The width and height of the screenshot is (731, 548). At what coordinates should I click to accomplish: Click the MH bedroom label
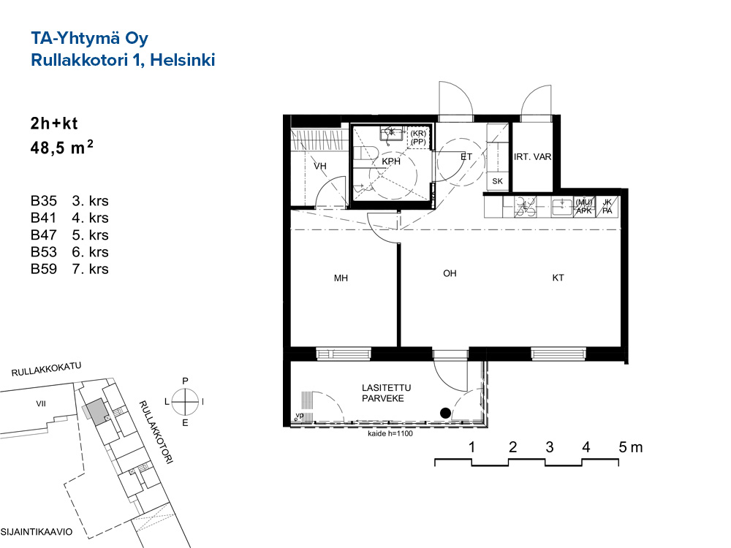tap(341, 278)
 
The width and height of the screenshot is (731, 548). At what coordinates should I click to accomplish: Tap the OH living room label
tap(450, 273)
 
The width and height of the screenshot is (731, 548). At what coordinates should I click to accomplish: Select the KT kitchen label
tap(558, 278)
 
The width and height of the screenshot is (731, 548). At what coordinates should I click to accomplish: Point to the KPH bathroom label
tap(391, 161)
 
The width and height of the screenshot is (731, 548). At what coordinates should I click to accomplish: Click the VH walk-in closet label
tap(320, 166)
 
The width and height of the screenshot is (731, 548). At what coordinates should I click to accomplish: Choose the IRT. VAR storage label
tap(532, 157)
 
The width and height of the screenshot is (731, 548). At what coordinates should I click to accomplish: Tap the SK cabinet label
tap(497, 181)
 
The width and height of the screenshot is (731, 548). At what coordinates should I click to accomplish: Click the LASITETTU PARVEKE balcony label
tap(386, 393)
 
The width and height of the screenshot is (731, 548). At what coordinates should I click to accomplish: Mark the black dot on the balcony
tap(446, 413)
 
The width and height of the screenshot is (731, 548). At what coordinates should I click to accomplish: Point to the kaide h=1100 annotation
tap(390, 433)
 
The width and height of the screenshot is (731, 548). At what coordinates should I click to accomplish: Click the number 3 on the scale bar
tap(550, 447)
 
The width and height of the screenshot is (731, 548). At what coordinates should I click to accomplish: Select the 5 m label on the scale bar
tap(630, 447)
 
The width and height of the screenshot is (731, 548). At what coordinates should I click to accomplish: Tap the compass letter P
tap(185, 381)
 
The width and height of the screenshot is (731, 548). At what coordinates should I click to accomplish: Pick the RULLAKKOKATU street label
tap(47, 370)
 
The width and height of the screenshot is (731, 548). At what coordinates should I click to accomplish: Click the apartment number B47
tap(43, 235)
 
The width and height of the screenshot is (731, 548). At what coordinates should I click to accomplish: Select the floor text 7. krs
tap(90, 269)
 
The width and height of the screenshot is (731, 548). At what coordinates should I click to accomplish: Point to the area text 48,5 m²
tap(61, 148)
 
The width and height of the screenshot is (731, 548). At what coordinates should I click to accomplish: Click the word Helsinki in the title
tap(182, 60)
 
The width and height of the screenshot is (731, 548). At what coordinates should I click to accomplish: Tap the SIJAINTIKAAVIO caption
tap(37, 532)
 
